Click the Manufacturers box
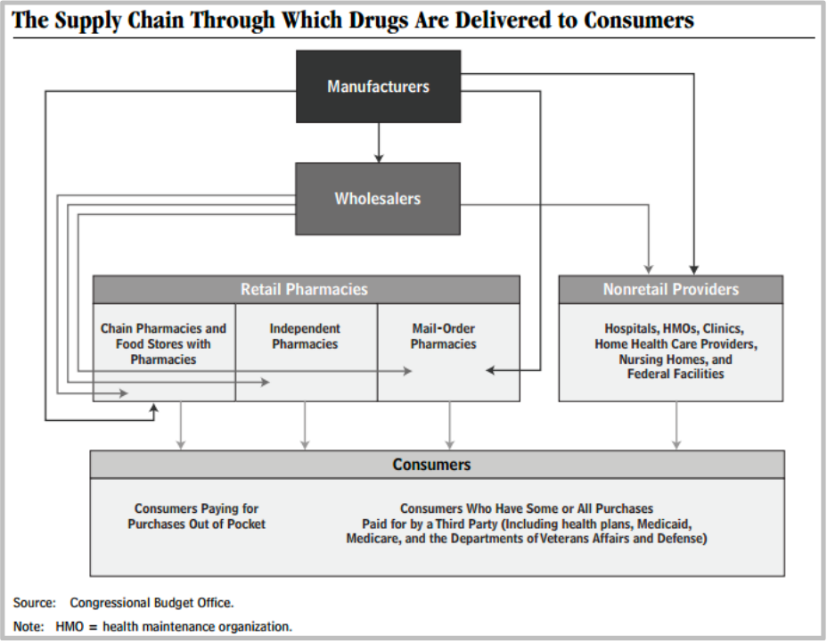point(378,87)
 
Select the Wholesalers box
point(378,198)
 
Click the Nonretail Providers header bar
point(670,289)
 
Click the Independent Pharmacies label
point(305,336)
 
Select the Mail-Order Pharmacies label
point(443,336)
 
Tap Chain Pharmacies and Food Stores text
point(163,343)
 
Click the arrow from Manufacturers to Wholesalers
point(379,143)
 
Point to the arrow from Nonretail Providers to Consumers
point(676,425)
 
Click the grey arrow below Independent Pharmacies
point(305,425)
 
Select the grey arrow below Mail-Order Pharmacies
point(449,425)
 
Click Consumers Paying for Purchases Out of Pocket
point(196,516)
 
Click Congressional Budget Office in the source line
point(151,603)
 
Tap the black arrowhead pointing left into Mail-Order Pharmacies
point(491,369)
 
